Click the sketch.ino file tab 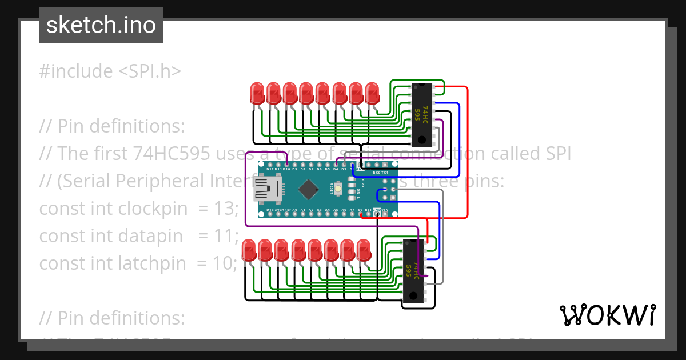[101, 25]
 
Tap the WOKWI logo [607, 315]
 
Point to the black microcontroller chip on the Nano [309, 187]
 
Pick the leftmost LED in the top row [257, 93]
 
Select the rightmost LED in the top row [372, 93]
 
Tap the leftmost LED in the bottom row [249, 250]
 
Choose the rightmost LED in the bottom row [364, 250]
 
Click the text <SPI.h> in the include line [150, 71]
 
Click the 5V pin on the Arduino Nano [360, 210]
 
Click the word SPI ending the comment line [555, 154]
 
